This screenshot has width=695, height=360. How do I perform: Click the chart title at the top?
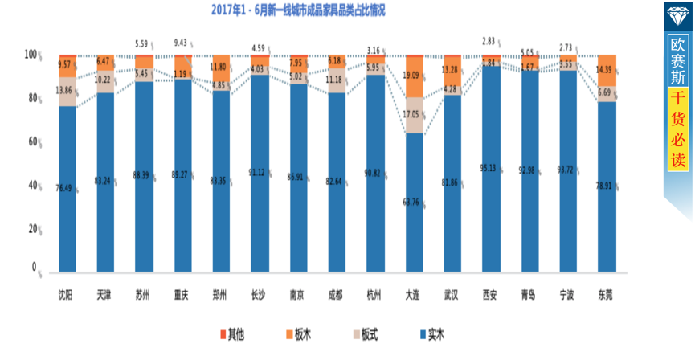298,10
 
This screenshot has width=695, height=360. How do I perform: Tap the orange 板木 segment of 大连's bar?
413,76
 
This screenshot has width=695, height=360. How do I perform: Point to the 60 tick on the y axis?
33,141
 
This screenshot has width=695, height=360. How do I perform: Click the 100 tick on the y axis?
31,55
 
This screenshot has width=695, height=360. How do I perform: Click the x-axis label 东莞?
606,295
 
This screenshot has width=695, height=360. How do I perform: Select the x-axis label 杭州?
374,295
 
